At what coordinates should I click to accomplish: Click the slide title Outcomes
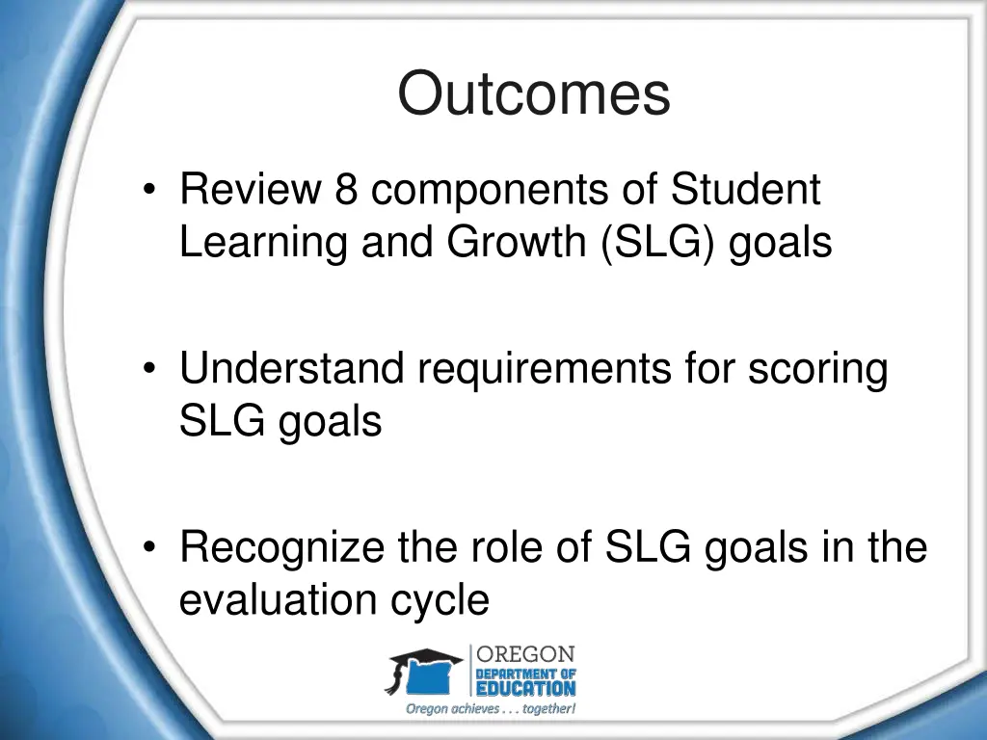click(x=533, y=95)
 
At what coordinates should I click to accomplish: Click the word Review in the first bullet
click(x=249, y=190)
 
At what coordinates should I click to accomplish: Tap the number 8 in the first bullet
click(x=347, y=190)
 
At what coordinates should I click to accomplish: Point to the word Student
click(x=745, y=190)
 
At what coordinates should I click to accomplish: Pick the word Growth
click(x=517, y=242)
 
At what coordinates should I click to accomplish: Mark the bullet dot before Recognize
click(x=148, y=549)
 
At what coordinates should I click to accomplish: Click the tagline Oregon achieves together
click(x=491, y=709)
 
